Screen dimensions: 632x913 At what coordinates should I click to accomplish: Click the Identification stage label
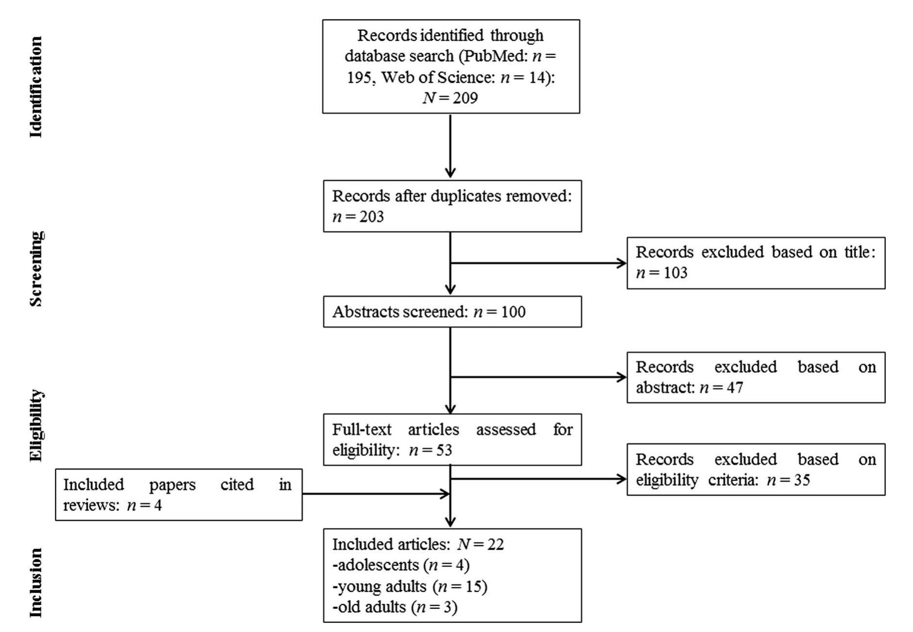click(36, 87)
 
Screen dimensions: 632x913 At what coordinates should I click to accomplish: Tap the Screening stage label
click(36, 269)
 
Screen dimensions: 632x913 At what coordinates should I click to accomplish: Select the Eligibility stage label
click(36, 425)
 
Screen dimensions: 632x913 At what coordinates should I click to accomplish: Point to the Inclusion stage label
click(36, 583)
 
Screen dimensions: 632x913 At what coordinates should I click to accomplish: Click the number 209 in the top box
click(465, 98)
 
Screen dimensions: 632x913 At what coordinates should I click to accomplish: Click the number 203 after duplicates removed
click(371, 217)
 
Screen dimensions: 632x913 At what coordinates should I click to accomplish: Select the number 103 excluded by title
click(675, 273)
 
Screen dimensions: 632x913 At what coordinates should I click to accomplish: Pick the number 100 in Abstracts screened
click(513, 312)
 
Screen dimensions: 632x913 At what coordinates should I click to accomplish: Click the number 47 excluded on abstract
click(734, 388)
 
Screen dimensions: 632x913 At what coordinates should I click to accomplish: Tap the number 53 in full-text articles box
click(443, 450)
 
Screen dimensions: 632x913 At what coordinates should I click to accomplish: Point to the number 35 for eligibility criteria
click(801, 480)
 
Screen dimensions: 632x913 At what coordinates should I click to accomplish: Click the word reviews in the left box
click(91, 506)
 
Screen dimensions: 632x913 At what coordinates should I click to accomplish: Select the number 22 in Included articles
click(495, 544)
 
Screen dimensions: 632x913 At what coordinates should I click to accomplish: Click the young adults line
click(410, 586)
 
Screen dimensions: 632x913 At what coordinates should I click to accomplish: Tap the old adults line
click(395, 607)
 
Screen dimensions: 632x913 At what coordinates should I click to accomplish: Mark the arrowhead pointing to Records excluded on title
click(622, 263)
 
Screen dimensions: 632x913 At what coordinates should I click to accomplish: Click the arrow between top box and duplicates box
click(450, 145)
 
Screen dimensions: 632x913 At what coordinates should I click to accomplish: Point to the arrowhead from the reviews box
click(445, 494)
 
